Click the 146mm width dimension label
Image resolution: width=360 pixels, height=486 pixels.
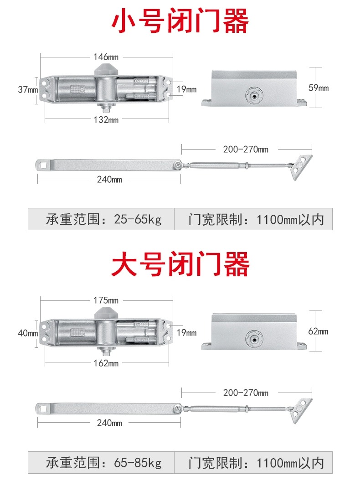coord(106,57)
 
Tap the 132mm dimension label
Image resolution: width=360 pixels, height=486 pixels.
coord(106,119)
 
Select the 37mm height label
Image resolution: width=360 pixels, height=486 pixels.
coord(28,89)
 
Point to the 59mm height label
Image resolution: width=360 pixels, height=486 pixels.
coord(319,88)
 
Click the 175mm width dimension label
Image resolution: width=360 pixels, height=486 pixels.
coord(106,300)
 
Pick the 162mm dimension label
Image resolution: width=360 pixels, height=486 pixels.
coord(106,363)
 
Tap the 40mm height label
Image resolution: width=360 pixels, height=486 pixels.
coord(28,333)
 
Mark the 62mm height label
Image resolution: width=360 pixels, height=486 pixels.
coord(319,331)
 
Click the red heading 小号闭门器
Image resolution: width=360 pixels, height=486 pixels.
coord(180,21)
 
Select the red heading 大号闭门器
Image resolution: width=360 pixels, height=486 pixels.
coord(180,264)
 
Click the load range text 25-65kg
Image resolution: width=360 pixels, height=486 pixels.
coord(138,219)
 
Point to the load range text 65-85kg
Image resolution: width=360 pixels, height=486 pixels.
coord(138,463)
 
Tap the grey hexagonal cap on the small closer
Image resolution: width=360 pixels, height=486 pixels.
coord(106,69)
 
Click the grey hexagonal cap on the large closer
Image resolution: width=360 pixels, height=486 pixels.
coord(106,312)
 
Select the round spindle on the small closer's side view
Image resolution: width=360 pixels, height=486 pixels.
coord(254,95)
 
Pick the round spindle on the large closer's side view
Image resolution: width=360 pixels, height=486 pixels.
coord(254,339)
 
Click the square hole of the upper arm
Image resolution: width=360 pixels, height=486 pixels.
coord(43,165)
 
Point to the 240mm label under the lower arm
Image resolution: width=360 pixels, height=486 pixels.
coord(109,423)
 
